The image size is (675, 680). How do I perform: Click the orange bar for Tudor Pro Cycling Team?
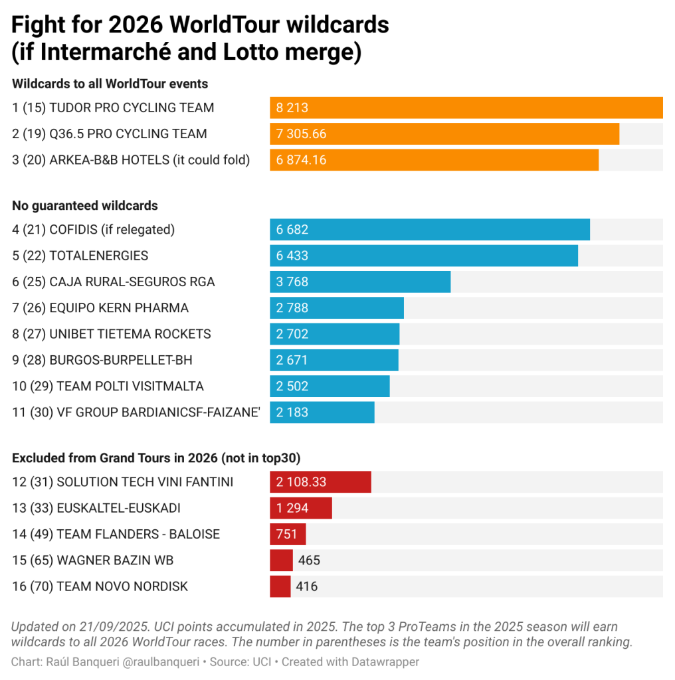click(465, 108)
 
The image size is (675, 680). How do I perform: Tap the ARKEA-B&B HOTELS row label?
click(131, 160)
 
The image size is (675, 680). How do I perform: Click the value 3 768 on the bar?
click(292, 282)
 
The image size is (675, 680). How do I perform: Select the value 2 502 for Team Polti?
click(292, 386)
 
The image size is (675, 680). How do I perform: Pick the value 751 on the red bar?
click(287, 535)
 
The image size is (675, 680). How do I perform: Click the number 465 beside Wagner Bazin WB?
click(309, 560)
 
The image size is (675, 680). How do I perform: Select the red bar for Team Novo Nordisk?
click(280, 586)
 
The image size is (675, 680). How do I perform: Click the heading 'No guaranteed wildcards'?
click(85, 206)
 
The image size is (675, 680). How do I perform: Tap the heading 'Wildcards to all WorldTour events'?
click(110, 84)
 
